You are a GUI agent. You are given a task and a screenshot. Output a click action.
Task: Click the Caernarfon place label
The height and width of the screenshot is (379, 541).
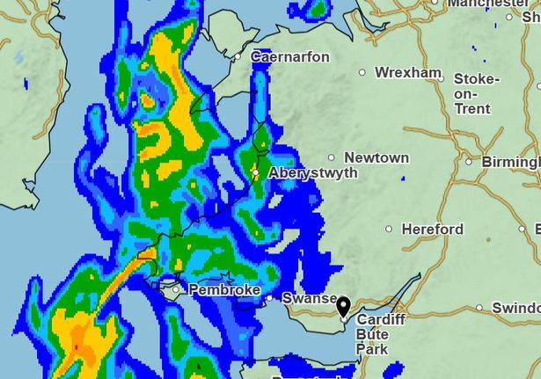pyautogui.click(x=290, y=57)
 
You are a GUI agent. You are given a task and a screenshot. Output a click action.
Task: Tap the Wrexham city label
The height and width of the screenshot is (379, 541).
pyautogui.click(x=407, y=72)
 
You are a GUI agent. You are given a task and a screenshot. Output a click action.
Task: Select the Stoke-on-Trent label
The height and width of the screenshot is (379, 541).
pyautogui.click(x=476, y=93)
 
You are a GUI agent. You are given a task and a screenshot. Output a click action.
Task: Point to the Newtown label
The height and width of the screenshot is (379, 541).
pyautogui.click(x=377, y=158)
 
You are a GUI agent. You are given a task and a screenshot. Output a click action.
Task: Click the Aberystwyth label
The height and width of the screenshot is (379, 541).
pyautogui.click(x=312, y=173)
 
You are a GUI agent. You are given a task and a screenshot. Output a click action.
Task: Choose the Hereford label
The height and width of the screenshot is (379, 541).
pyautogui.click(x=432, y=230)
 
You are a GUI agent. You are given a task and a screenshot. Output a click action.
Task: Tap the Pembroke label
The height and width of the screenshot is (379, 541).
pyautogui.click(x=223, y=289)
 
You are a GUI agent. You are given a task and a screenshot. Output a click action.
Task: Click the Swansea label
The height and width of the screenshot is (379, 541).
pyautogui.click(x=309, y=299)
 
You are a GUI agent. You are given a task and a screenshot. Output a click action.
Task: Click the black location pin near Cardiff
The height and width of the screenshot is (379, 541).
pyautogui.click(x=343, y=308)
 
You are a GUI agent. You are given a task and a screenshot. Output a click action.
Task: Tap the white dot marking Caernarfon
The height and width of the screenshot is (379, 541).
pyautogui.click(x=238, y=57)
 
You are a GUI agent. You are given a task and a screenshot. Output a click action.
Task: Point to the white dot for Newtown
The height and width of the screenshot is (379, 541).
pyautogui.click(x=331, y=158)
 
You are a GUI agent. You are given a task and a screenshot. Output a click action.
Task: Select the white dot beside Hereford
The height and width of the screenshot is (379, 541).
pyautogui.click(x=389, y=230)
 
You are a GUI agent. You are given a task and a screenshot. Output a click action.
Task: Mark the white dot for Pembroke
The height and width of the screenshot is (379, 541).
pyautogui.click(x=176, y=289)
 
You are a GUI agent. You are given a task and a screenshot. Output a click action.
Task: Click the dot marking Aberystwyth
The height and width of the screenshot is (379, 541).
pyautogui.click(x=255, y=173)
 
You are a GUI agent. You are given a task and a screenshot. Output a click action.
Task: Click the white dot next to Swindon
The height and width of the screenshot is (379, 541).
pyautogui.click(x=479, y=308)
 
